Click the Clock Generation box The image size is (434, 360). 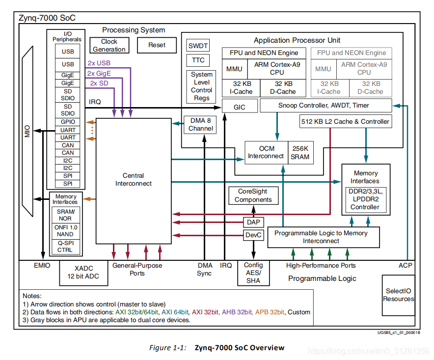coord(109,45)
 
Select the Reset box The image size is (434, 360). coord(157,45)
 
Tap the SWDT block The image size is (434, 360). coord(198,46)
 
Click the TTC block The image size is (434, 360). coord(198,60)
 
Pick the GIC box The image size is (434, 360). coord(239,107)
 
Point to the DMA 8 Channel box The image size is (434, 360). coord(201,125)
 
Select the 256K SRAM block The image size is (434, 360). coord(300,152)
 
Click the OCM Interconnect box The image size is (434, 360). coord(266,152)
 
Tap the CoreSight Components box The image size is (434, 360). coord(253,196)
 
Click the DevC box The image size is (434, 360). coord(253,235)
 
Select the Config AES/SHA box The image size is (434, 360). coord(253,273)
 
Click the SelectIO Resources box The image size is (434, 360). coord(398,295)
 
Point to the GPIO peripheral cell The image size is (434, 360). coord(68,122)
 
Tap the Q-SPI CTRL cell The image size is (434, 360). coord(65,246)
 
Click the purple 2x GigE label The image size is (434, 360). coord(99,73)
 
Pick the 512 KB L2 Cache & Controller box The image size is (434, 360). coord(345,121)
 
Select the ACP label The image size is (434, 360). coord(406,265)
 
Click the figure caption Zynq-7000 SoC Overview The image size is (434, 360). coord(239,348)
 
